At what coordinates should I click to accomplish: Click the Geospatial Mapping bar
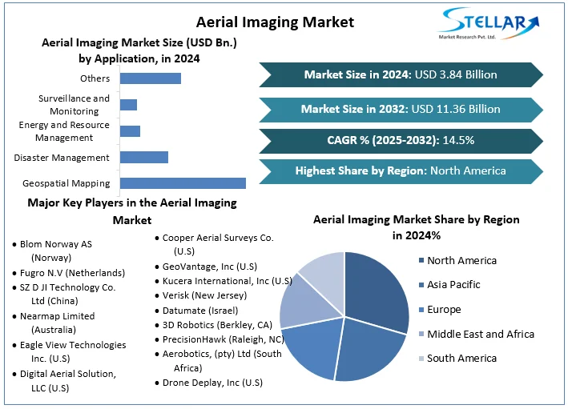(x=183, y=183)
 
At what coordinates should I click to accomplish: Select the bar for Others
(x=150, y=78)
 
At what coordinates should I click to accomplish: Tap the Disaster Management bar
(x=143, y=158)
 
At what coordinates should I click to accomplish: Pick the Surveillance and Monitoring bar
(x=128, y=105)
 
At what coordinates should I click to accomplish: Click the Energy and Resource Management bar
(x=130, y=131)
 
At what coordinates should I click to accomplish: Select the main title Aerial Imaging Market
(x=264, y=22)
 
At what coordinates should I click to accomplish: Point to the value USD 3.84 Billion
(x=455, y=75)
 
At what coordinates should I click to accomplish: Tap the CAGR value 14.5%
(x=457, y=141)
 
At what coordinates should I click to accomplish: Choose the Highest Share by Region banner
(x=401, y=170)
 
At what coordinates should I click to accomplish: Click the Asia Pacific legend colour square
(x=421, y=285)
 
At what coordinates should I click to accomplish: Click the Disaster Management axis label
(x=62, y=158)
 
